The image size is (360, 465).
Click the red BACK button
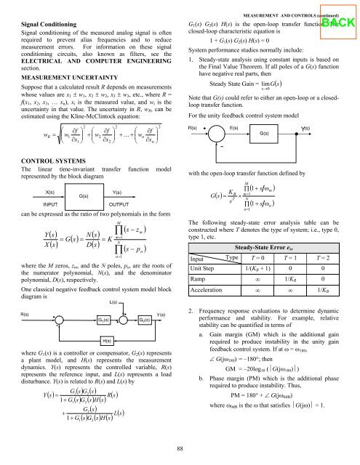coord(338,21)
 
